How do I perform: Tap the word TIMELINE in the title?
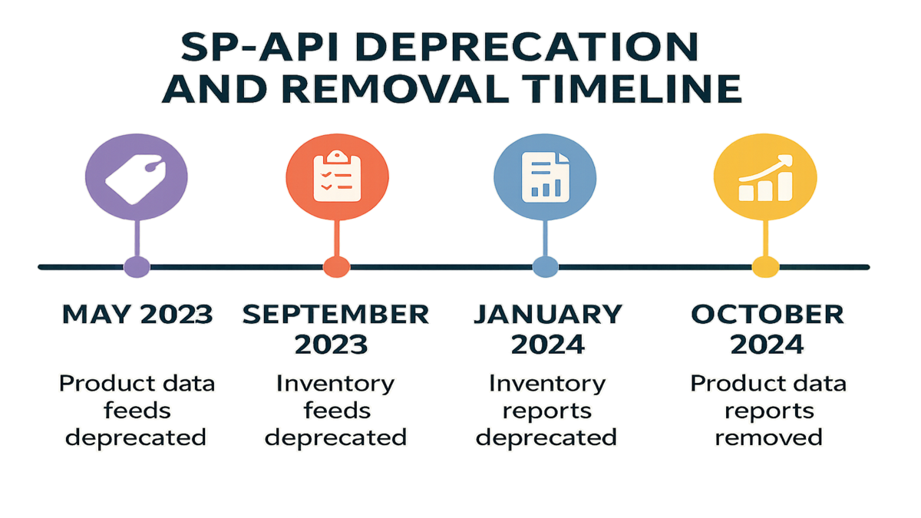(x=634, y=89)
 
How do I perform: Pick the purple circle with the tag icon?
(x=137, y=177)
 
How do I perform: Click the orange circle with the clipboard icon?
(x=337, y=177)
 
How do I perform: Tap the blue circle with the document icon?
(x=545, y=177)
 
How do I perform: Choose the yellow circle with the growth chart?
(x=765, y=177)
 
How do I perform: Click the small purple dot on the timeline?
(x=137, y=267)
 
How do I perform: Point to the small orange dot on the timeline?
(x=336, y=267)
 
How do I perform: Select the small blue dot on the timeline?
(x=545, y=267)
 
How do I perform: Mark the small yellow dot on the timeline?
(x=765, y=267)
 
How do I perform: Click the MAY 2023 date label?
(x=137, y=315)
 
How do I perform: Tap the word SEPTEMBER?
(x=335, y=315)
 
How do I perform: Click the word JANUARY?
(x=548, y=315)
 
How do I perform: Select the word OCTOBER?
(x=767, y=315)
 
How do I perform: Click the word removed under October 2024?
(x=768, y=437)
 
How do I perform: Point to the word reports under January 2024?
(x=547, y=411)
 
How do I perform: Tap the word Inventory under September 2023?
(x=335, y=384)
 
